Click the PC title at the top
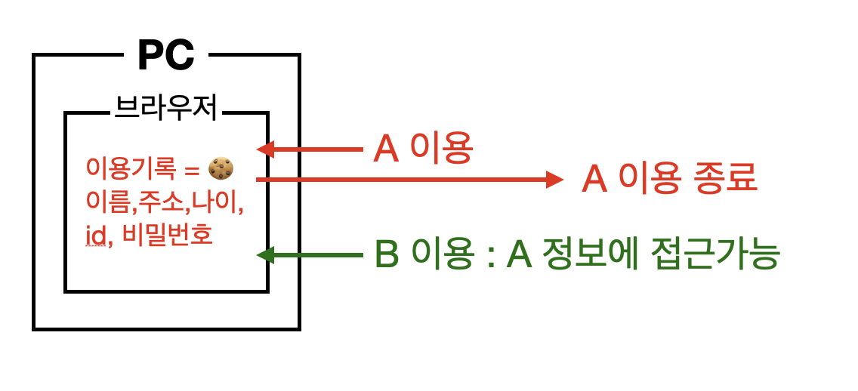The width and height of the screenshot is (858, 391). point(166,54)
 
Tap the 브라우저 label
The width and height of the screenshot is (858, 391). point(166,109)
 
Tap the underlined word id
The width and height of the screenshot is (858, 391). point(95,236)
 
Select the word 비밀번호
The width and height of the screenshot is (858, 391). point(166,236)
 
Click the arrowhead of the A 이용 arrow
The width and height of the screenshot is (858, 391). point(264,149)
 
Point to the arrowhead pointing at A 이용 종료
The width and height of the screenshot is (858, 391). point(555,180)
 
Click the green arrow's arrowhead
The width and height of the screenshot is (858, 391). point(264,255)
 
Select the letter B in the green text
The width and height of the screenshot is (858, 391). point(387,256)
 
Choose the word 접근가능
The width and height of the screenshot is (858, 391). point(711,256)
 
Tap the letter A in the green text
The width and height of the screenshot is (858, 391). point(520,256)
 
